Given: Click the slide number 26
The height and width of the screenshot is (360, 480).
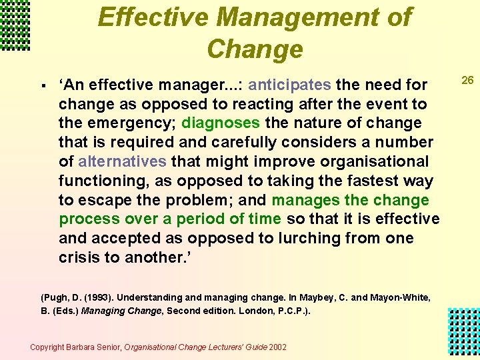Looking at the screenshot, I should tap(468, 81).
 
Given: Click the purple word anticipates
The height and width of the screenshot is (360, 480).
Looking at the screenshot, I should tap(289, 85).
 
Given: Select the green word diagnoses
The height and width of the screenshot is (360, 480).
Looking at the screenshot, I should tap(221, 123).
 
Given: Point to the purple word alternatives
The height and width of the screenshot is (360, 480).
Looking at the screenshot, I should tap(122, 161).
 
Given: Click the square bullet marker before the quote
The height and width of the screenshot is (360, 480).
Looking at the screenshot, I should tap(42, 86).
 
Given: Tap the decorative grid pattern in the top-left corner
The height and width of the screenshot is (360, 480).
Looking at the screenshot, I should tap(15, 25).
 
